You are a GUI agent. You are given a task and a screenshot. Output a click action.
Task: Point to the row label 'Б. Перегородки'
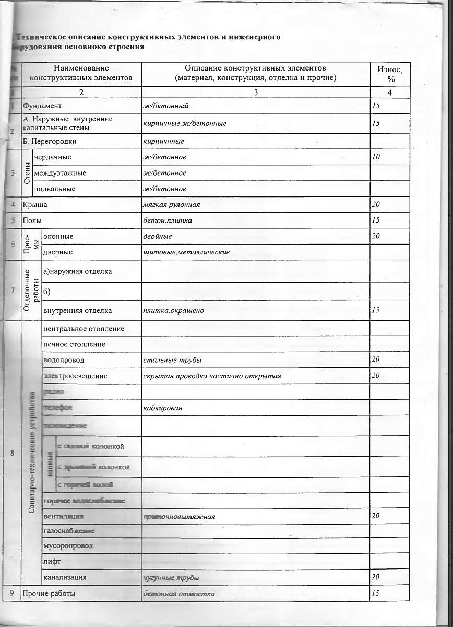click(50, 141)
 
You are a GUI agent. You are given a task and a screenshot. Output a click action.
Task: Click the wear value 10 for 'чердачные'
click(376, 157)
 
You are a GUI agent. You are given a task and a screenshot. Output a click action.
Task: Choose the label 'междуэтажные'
click(60, 172)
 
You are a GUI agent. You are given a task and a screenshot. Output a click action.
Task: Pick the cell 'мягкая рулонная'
click(171, 204)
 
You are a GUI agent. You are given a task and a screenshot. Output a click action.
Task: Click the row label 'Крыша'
click(35, 205)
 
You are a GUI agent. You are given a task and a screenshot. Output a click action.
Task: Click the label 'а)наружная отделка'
click(77, 271)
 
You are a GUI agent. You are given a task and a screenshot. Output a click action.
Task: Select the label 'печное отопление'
click(75, 344)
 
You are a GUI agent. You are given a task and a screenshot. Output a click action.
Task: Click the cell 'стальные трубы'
click(172, 360)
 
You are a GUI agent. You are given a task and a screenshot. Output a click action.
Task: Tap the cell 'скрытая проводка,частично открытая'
click(212, 376)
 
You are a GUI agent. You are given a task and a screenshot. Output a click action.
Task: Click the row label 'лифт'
click(53, 561)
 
